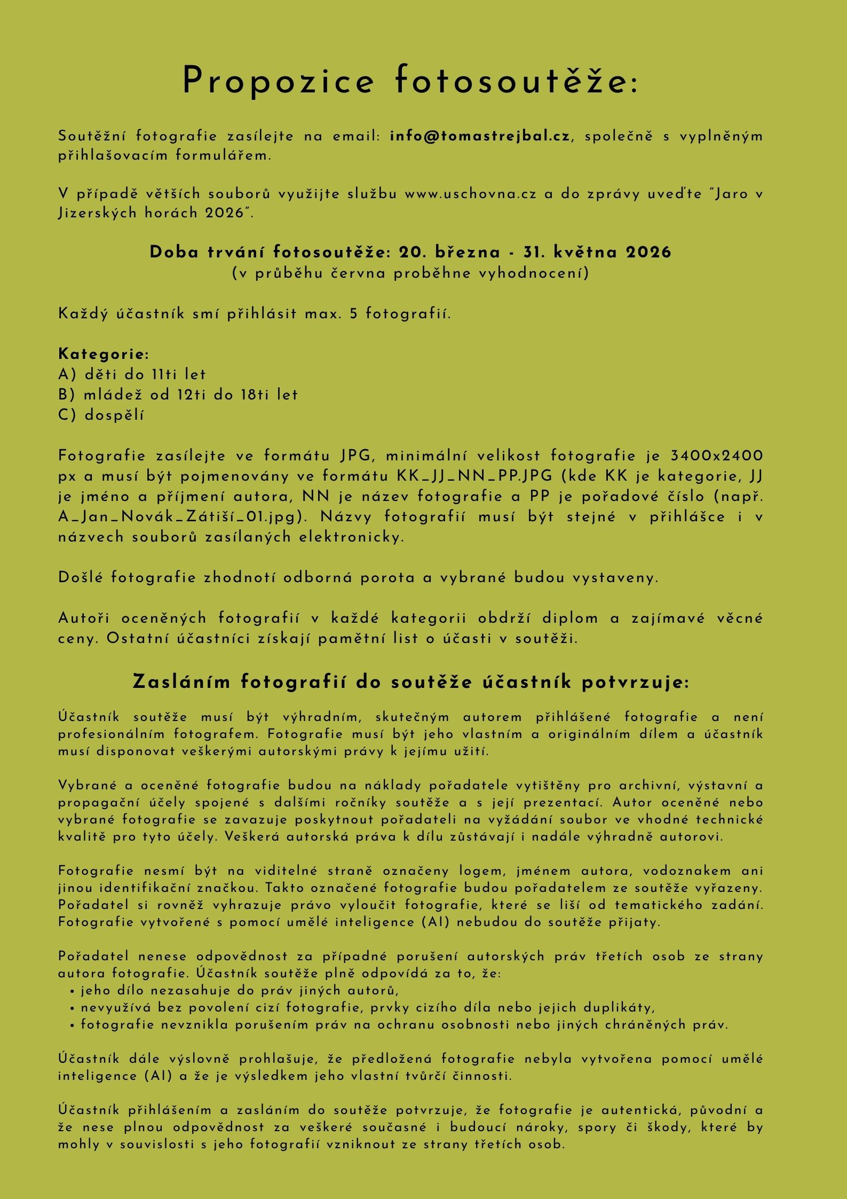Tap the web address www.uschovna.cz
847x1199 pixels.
click(x=470, y=194)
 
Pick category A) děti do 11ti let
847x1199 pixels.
click(x=132, y=374)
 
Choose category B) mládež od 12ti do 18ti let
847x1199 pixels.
click(x=178, y=395)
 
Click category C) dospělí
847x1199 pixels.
click(x=101, y=415)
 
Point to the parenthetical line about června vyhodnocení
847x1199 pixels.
click(x=410, y=273)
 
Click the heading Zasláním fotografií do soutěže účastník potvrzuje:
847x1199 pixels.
click(x=410, y=682)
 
